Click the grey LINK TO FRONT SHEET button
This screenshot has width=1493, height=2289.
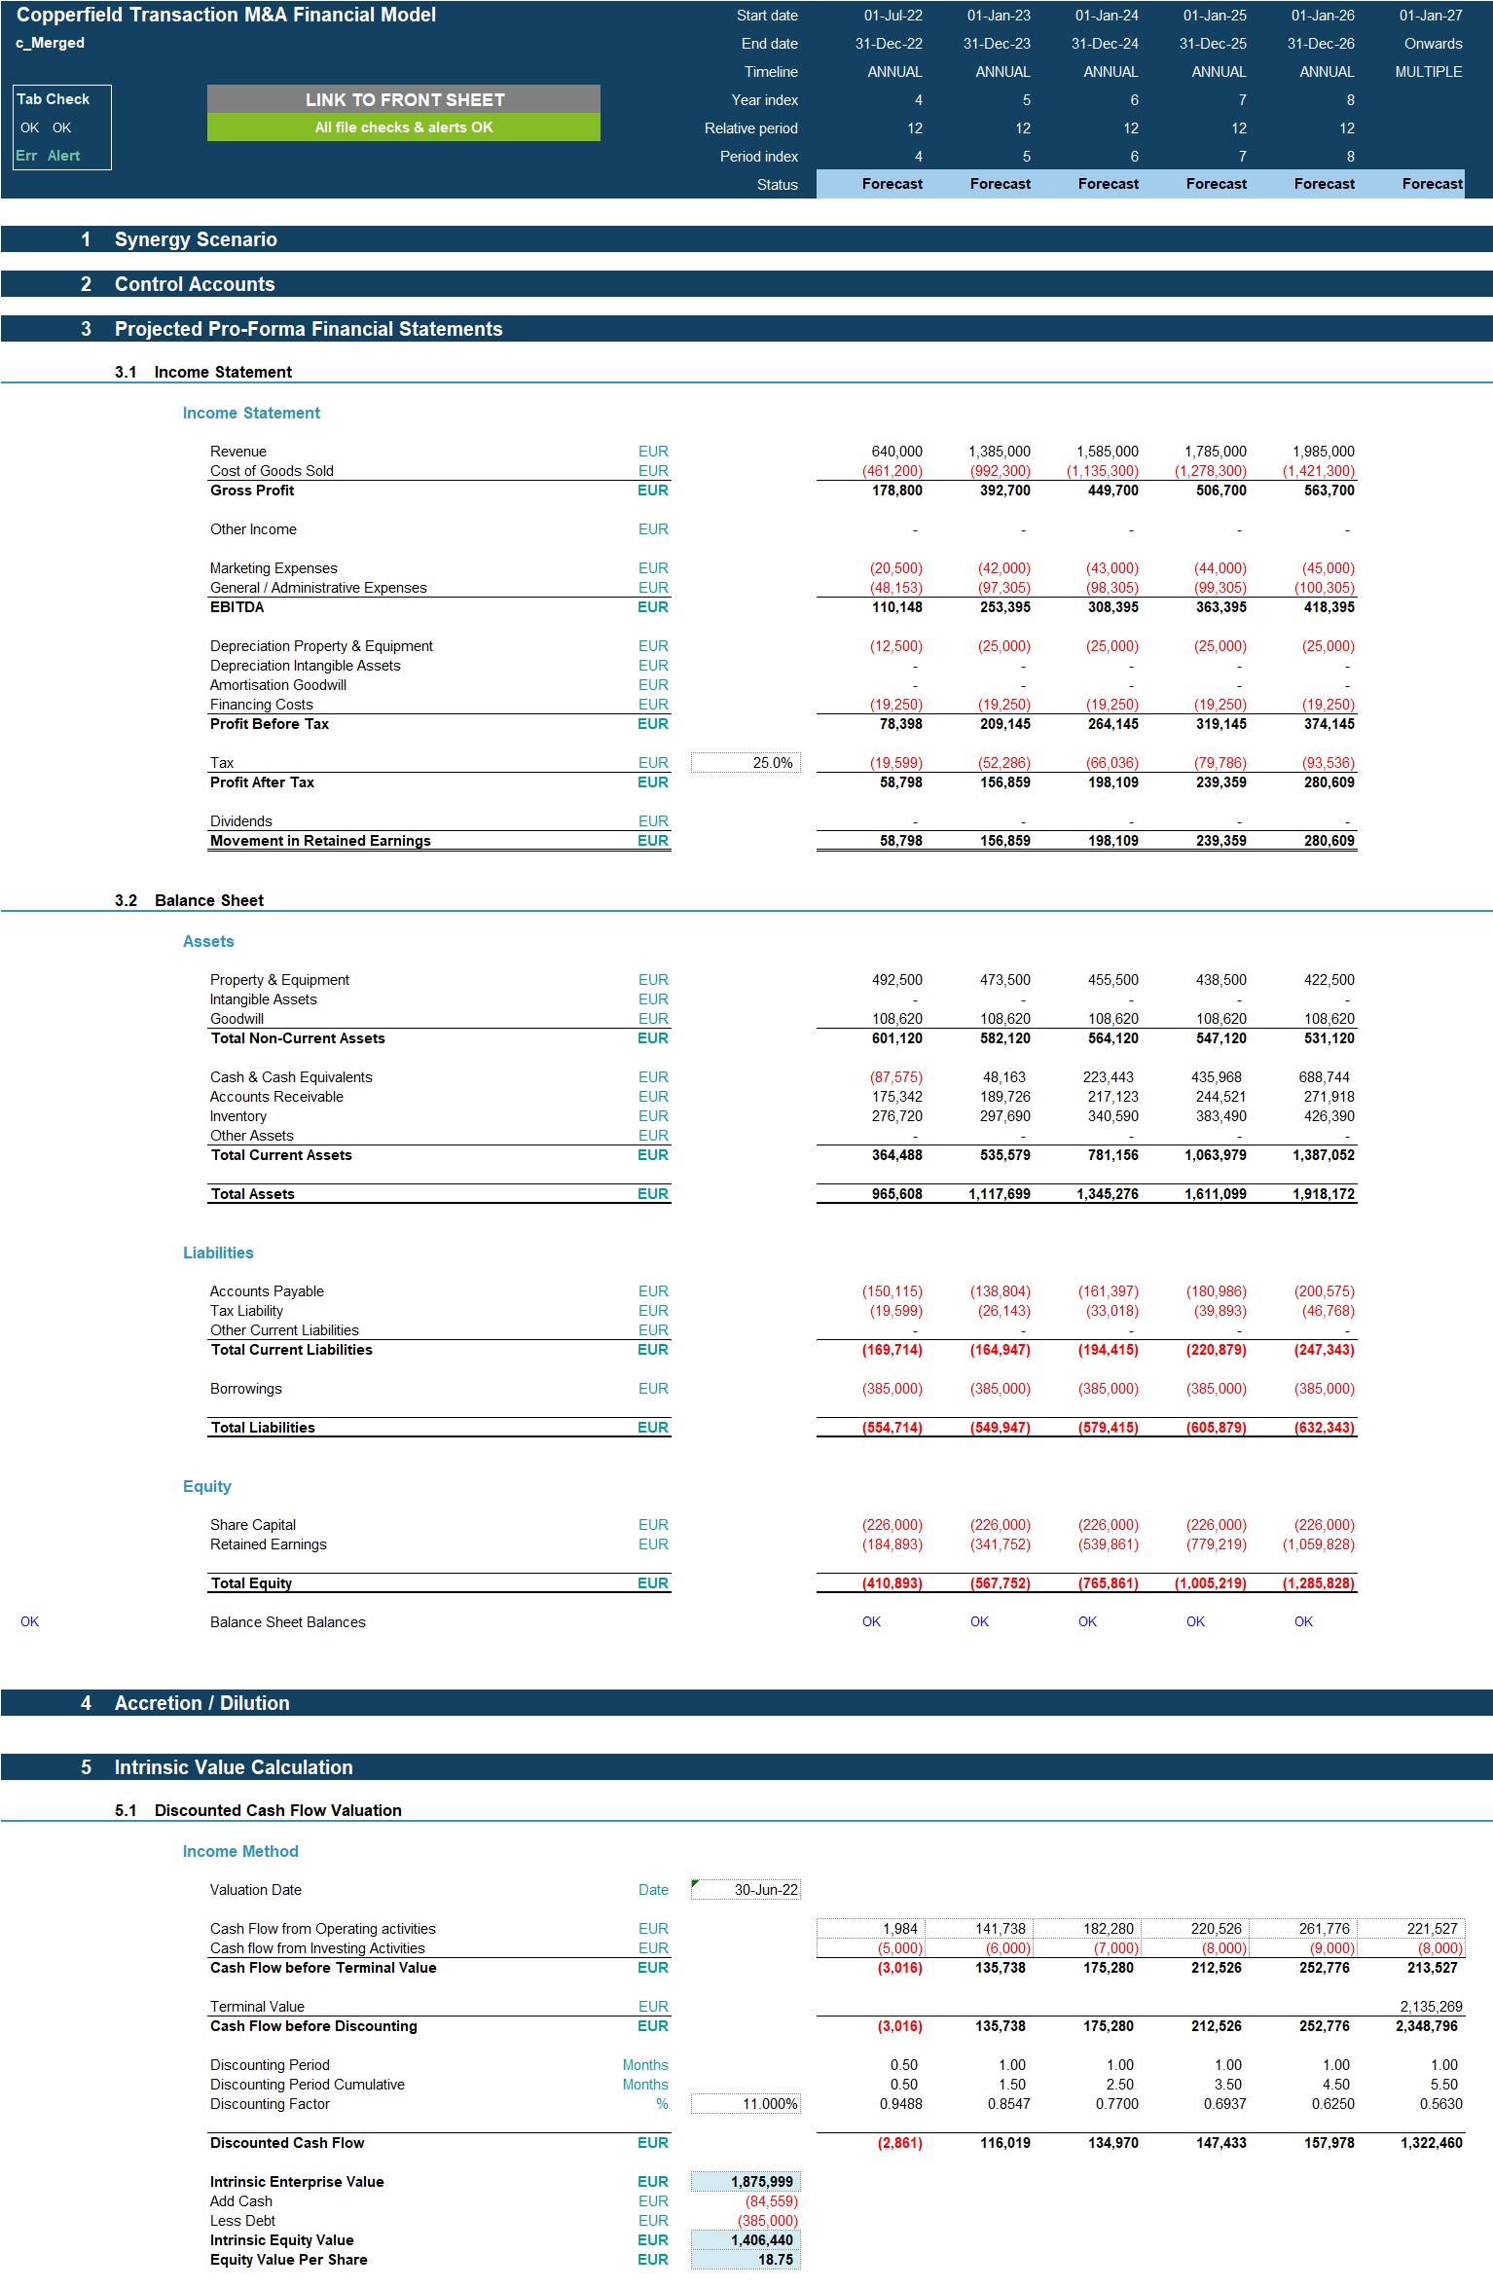[404, 99]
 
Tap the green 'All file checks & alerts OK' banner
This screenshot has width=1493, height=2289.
[404, 127]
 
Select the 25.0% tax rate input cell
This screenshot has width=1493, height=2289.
[746, 763]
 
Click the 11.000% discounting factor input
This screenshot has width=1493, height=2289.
[746, 2104]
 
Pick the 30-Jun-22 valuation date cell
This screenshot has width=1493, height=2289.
[746, 1890]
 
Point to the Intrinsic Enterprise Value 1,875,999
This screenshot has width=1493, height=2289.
[746, 2182]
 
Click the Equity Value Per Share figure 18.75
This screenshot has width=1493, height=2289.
[746, 2260]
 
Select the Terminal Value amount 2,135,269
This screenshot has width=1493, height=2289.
[1431, 2007]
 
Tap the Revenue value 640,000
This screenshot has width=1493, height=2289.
[896, 452]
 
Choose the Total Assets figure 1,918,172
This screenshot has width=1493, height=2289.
[1323, 1194]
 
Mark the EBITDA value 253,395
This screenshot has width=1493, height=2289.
[1005, 607]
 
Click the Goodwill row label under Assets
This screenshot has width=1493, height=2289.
[237, 1019]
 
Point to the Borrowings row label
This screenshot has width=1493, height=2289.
[246, 1389]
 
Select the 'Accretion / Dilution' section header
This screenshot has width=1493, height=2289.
[202, 1703]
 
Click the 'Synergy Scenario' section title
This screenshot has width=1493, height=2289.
[196, 239]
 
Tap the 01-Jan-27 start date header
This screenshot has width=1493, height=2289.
[1431, 16]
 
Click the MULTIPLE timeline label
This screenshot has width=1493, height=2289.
[1429, 72]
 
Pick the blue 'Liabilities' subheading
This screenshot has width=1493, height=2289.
[218, 1253]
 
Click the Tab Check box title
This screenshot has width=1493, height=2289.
[54, 99]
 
